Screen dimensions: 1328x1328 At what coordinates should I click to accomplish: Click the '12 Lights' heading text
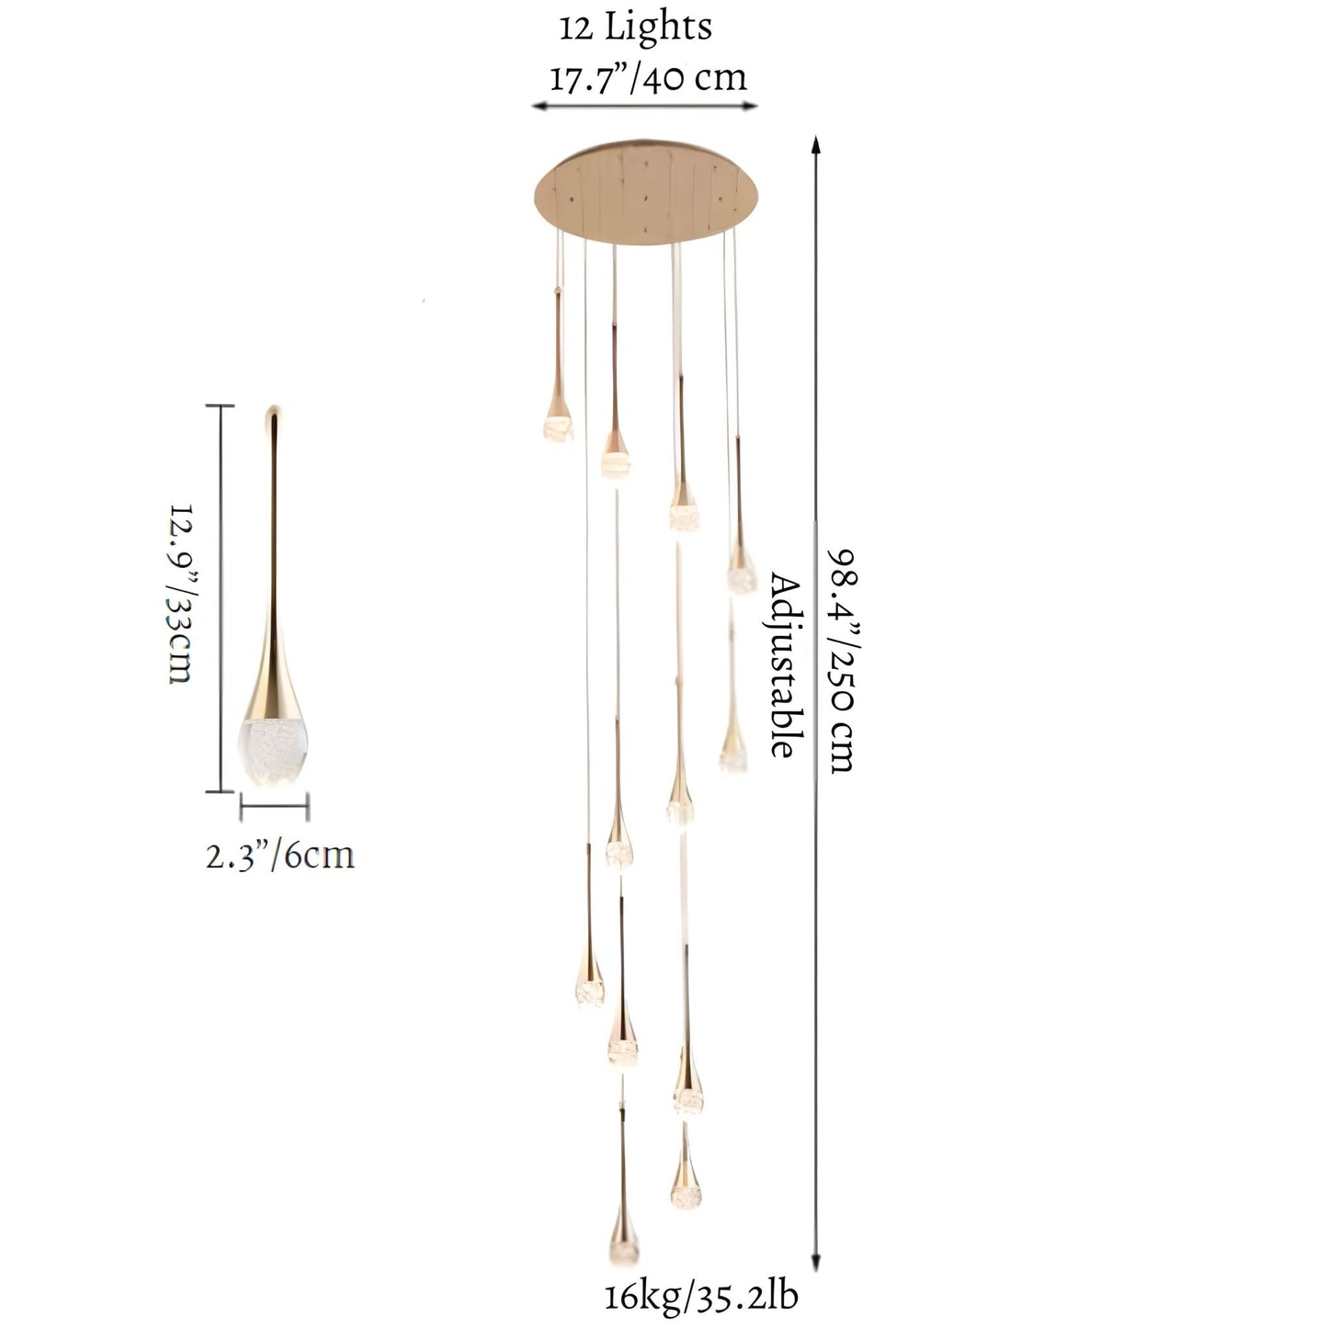pos(635,28)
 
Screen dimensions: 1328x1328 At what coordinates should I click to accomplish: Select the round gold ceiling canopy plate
pos(646,192)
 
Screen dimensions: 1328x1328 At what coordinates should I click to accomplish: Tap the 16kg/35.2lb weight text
pos(701,1297)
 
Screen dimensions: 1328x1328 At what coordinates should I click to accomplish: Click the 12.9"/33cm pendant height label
pos(180,594)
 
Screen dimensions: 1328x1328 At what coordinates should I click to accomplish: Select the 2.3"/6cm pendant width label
pos(279,856)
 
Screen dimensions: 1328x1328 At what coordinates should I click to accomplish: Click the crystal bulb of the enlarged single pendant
pos(273,752)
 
